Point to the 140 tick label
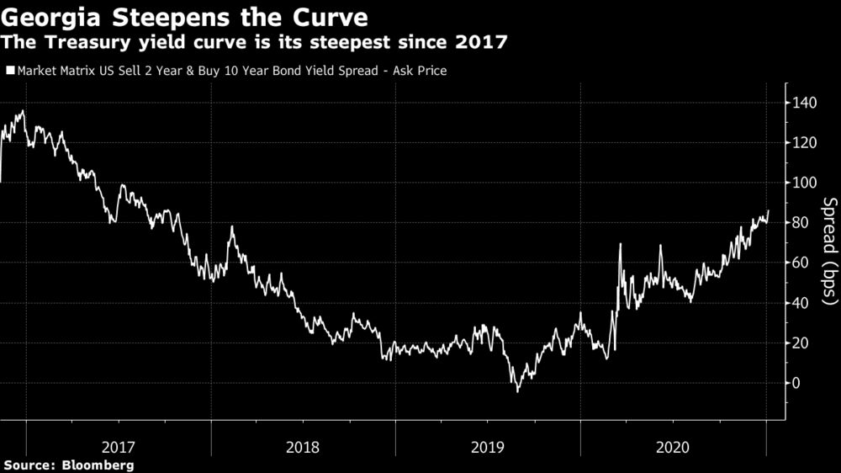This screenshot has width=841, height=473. (804, 103)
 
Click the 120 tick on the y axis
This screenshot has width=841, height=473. (804, 143)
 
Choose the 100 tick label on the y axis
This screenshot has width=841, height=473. (804, 183)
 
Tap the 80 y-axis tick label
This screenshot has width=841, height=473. (801, 223)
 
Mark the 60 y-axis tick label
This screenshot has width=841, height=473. (801, 263)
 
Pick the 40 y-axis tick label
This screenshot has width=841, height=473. (801, 303)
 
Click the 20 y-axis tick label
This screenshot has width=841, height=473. (801, 343)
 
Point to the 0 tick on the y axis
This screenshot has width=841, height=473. (796, 383)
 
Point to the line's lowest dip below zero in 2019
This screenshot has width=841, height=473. (517, 391)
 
